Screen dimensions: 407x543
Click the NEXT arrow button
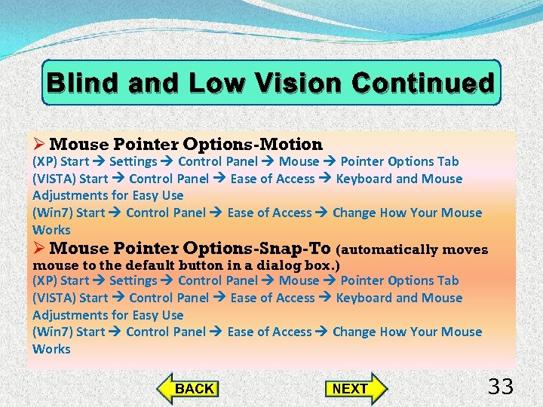pos(354,389)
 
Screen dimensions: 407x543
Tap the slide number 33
pos(501,387)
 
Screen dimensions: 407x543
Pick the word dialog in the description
pos(284,265)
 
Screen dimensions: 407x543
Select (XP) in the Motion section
pos(44,161)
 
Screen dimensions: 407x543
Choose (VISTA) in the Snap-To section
pos(54,298)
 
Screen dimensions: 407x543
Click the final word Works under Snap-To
pos(51,349)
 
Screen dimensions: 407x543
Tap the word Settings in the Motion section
pos(133,161)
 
